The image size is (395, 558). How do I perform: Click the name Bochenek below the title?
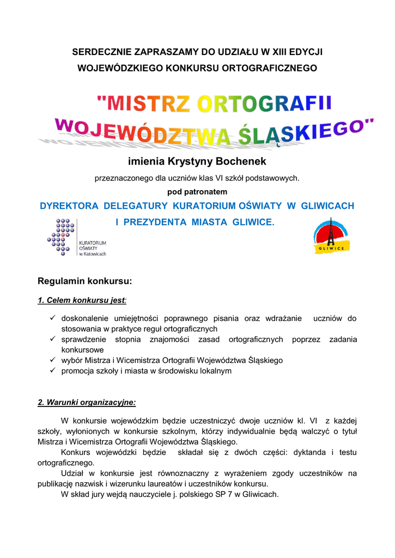(x=241, y=162)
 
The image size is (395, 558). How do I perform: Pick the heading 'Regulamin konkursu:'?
(x=84, y=282)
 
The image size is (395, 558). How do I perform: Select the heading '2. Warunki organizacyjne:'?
(x=87, y=403)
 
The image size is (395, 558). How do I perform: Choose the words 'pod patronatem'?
(x=197, y=192)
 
